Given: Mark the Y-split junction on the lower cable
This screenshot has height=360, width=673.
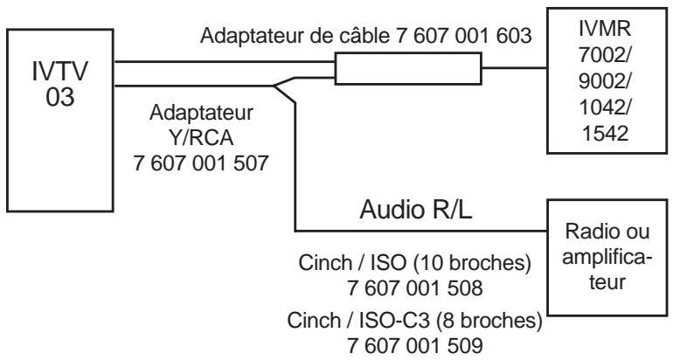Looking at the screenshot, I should point(278,87).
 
